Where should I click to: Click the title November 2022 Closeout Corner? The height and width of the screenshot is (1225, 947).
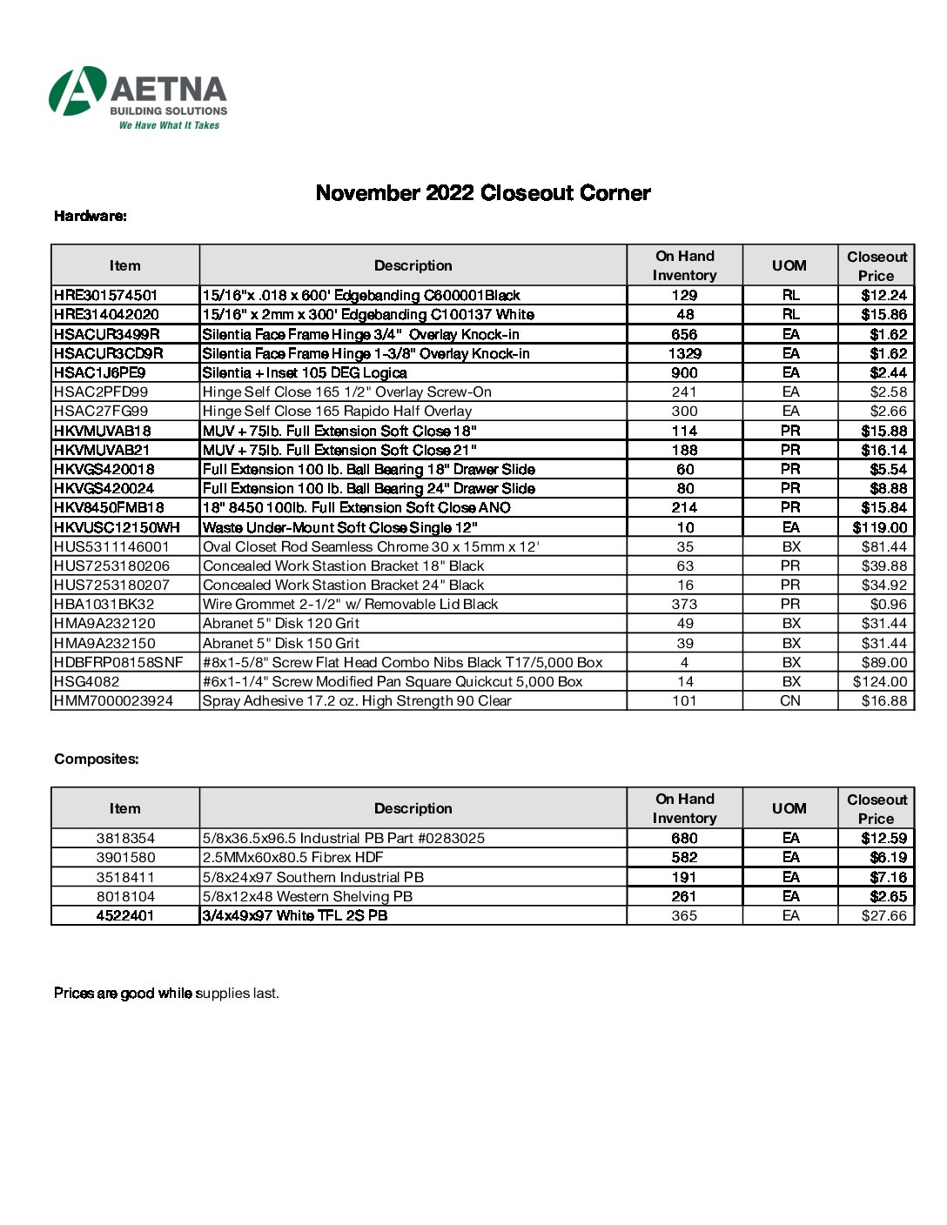482,193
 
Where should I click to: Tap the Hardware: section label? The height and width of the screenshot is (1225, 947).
91,216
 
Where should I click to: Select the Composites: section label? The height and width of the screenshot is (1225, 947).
97,759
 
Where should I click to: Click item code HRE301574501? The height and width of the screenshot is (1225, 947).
106,296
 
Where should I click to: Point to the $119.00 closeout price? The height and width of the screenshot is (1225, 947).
879,527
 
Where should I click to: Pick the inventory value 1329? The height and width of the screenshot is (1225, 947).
684,353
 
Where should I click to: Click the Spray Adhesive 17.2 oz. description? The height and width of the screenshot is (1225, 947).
357,700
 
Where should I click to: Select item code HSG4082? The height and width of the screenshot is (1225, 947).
87,681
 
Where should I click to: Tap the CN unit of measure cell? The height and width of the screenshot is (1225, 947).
789,700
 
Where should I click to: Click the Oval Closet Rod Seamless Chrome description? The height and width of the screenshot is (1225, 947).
371,546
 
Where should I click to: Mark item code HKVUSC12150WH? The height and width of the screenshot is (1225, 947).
117,527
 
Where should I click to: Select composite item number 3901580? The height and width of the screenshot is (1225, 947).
125,858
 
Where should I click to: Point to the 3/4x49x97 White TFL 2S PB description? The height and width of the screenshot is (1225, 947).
295,915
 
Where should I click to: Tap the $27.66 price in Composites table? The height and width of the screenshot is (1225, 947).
883,915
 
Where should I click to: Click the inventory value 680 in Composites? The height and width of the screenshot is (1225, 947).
684,838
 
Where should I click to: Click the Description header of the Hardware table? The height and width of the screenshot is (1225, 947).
413,265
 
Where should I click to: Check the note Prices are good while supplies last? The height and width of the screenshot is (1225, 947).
166,993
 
